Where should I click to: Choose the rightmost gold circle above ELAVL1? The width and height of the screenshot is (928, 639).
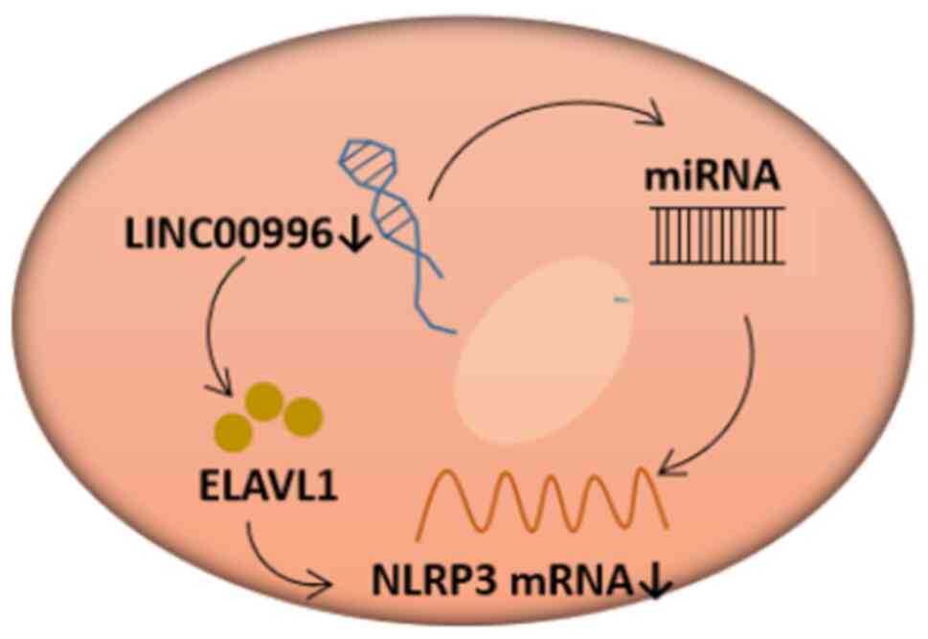(x=303, y=416)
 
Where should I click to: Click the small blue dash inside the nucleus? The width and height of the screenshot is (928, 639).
(x=622, y=302)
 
